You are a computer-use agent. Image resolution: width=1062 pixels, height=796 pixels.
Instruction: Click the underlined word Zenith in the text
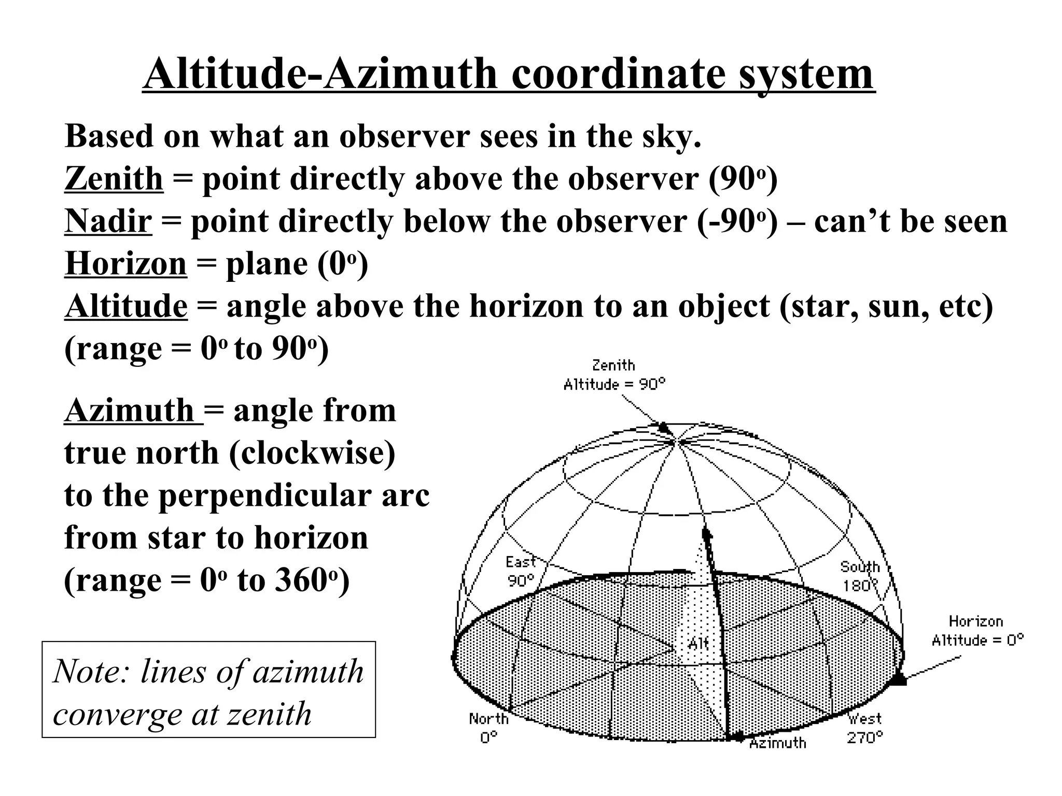(114, 179)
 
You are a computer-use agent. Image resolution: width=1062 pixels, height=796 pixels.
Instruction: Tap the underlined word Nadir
(108, 221)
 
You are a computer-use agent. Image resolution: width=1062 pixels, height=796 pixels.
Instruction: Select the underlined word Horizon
(125, 264)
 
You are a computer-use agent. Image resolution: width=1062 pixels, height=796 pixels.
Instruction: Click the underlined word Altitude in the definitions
(125, 306)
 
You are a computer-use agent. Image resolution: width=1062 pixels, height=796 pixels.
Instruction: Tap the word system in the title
(806, 74)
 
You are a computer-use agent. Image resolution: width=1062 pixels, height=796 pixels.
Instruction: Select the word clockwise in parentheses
(311, 453)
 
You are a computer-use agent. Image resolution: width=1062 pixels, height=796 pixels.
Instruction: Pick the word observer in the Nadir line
(621, 221)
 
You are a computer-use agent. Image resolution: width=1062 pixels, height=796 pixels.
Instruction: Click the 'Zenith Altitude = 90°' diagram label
(614, 375)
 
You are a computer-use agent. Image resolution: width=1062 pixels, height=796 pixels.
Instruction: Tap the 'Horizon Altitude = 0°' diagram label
(977, 631)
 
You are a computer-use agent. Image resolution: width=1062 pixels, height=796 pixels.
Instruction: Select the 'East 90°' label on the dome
(520, 571)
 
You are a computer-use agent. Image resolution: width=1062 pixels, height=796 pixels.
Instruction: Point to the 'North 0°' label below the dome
(488, 728)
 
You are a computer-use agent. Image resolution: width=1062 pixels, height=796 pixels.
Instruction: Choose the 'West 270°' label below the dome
(865, 728)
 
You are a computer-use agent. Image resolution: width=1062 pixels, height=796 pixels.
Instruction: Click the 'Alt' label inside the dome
(697, 644)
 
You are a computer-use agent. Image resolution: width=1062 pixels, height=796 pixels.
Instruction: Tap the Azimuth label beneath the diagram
(778, 743)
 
